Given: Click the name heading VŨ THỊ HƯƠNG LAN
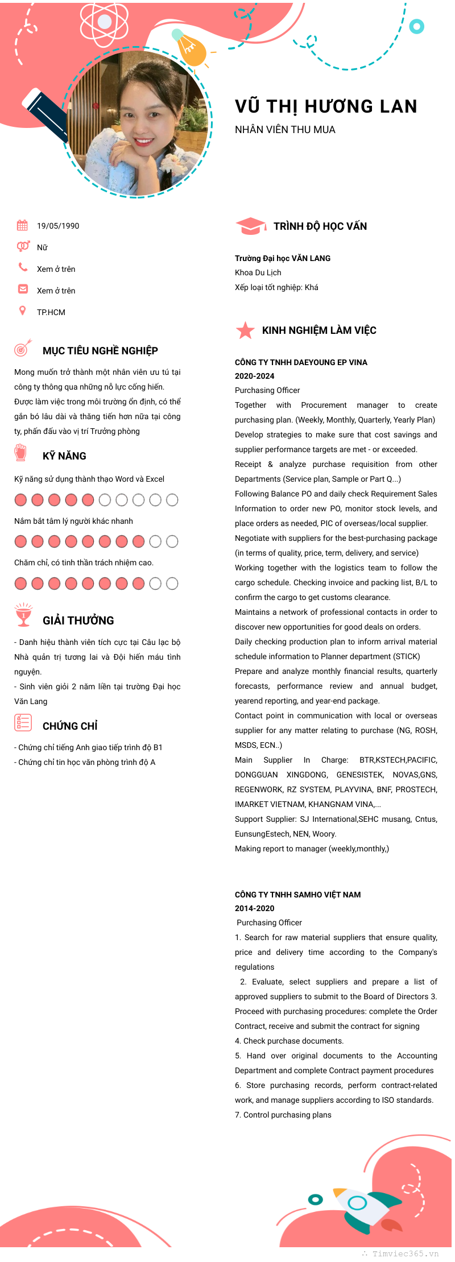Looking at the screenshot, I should [x=326, y=106].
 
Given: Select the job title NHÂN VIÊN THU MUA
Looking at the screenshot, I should [x=285, y=130].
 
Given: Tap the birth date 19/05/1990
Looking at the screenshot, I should [x=58, y=226].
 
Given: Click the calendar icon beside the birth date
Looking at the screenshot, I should [x=22, y=225].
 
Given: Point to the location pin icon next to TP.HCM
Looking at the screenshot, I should [x=22, y=311].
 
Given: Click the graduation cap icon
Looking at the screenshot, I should [x=250, y=226].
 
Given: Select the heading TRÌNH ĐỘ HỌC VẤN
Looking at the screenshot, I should [x=320, y=226].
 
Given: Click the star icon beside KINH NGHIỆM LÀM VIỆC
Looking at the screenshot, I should [x=245, y=330].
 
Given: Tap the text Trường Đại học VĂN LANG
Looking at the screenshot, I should [x=283, y=258].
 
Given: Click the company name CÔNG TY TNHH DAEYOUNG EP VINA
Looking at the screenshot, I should [x=301, y=362].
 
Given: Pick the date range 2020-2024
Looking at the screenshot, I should [x=254, y=376].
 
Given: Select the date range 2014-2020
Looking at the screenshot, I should [x=254, y=908].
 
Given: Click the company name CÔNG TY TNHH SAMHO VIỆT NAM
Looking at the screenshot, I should [x=297, y=895].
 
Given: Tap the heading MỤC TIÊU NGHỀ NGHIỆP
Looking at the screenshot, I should [x=100, y=351].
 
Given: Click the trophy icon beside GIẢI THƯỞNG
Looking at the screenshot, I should [x=23, y=615].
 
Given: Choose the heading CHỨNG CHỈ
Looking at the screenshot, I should [x=70, y=726].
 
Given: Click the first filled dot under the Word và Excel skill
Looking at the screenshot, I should [x=20, y=500].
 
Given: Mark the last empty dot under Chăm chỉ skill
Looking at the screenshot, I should [x=172, y=584].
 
